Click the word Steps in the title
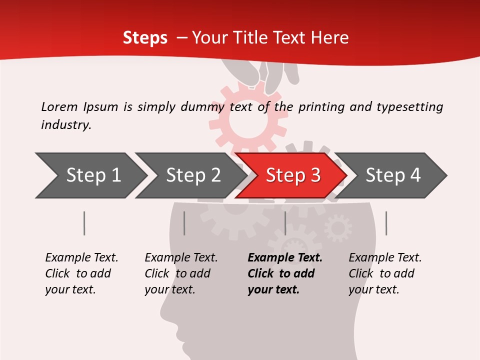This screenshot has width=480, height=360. [x=145, y=38]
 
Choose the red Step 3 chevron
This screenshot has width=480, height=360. [x=293, y=175]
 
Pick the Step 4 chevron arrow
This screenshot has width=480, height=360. [x=393, y=175]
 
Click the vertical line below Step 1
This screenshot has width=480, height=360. [x=84, y=223]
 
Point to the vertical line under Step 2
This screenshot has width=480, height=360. [x=184, y=223]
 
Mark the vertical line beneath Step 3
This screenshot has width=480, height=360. [x=285, y=223]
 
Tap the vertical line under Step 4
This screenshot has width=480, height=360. [x=386, y=223]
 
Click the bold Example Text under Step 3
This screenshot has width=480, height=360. [x=285, y=273]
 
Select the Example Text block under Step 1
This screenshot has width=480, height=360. [x=81, y=273]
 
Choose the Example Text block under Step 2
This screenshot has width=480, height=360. [x=181, y=273]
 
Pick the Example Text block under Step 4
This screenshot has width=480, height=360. [x=385, y=273]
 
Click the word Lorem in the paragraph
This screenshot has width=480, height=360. [x=59, y=106]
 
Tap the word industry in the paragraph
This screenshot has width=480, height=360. [x=66, y=125]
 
